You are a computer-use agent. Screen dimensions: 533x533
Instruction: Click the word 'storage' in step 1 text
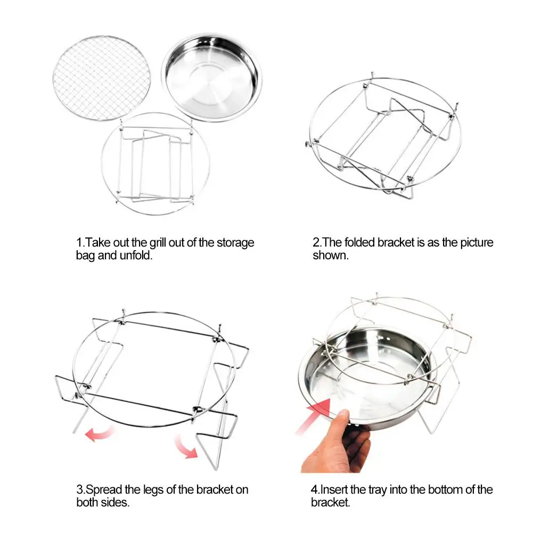click(235, 243)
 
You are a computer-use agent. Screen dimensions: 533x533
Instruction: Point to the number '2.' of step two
click(317, 243)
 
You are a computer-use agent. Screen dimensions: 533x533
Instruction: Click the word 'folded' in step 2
click(360, 243)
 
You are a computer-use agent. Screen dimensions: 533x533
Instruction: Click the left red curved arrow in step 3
click(99, 434)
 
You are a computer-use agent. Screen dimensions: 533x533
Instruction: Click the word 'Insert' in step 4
click(334, 490)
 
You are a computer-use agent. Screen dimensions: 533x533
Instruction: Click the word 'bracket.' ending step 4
click(331, 503)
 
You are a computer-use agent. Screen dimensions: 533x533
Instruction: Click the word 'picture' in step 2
click(477, 243)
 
